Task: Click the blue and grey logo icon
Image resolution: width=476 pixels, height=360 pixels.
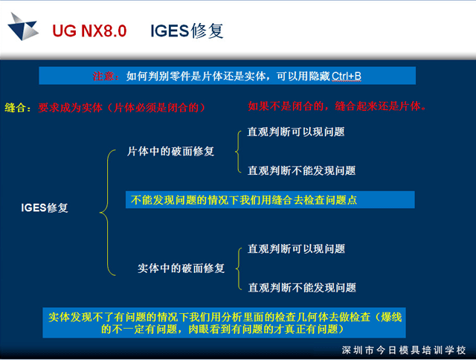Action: (x=23, y=27)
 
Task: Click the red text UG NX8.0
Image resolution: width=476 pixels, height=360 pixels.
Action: (x=89, y=31)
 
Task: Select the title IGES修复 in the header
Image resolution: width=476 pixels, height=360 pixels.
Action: (x=187, y=31)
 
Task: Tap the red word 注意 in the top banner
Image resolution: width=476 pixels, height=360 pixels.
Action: (x=103, y=76)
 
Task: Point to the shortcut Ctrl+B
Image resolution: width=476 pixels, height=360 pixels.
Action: (x=347, y=76)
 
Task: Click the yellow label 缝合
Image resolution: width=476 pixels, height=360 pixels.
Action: (x=15, y=107)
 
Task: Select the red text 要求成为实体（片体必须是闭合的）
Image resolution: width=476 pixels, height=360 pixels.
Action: (x=122, y=107)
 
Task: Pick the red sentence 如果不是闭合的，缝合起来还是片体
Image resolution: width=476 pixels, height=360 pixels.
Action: (x=337, y=106)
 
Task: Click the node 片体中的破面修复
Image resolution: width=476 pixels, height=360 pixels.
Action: (x=170, y=151)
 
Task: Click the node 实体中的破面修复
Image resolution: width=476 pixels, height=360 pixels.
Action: (x=181, y=268)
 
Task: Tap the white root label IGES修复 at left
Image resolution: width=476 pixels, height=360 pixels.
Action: (x=45, y=208)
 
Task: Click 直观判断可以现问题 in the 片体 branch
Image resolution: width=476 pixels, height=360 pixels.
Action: (x=296, y=132)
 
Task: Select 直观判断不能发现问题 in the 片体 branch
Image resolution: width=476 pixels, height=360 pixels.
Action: (x=302, y=170)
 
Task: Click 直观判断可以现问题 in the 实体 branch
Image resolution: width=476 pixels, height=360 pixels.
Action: (x=297, y=249)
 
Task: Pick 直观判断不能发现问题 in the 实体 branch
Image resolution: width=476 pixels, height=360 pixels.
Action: (x=303, y=287)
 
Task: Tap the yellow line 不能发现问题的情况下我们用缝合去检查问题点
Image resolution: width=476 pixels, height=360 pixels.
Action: (x=244, y=200)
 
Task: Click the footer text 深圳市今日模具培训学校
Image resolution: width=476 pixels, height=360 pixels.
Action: (x=404, y=350)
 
